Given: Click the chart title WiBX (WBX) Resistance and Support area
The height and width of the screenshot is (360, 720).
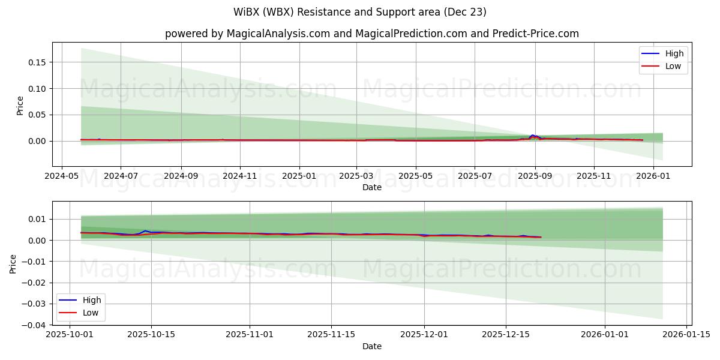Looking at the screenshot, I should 360,12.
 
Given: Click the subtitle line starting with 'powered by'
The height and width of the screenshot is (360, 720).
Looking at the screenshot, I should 372,34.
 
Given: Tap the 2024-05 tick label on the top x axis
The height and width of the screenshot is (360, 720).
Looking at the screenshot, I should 62,176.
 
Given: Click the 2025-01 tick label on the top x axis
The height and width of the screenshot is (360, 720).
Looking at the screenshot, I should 299,176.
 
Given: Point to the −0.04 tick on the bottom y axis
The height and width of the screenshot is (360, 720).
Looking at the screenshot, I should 34,325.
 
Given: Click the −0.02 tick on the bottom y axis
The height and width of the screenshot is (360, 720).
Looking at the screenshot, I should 34,283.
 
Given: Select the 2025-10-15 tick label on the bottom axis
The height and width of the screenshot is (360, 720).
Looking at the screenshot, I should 151,335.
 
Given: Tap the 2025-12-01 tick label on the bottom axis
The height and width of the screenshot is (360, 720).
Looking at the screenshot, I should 424,335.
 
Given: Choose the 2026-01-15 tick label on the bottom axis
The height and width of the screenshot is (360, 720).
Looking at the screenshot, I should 686,335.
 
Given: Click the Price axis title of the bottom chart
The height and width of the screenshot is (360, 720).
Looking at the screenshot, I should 13,263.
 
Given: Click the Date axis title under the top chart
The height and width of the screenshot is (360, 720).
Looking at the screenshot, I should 372,187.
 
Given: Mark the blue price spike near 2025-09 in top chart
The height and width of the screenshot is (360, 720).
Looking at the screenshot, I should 532,136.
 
